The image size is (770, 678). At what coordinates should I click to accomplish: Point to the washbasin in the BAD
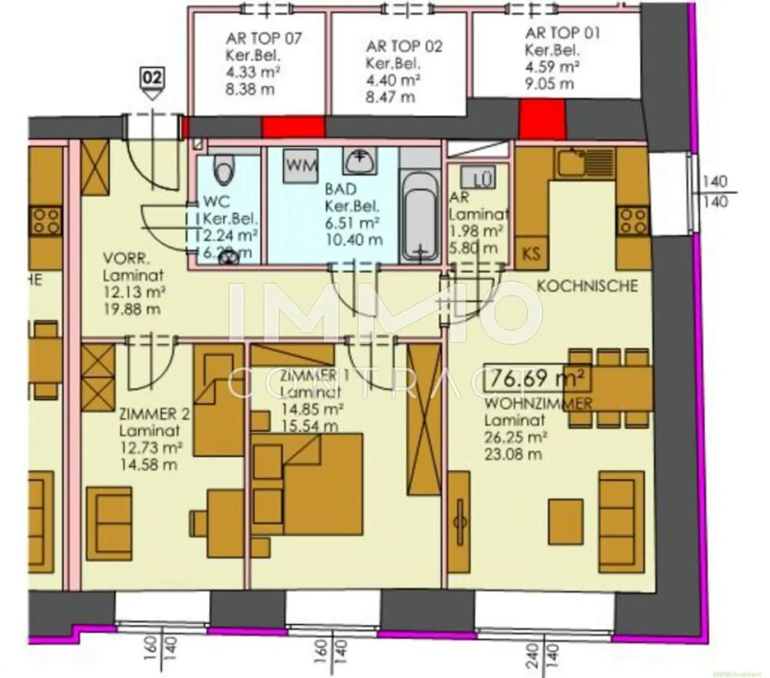pyautogui.click(x=359, y=160)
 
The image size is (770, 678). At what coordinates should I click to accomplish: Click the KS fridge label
pyautogui.click(x=531, y=253)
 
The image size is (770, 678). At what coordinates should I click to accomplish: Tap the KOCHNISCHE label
pyautogui.click(x=587, y=286)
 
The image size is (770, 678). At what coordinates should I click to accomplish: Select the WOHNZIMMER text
pyautogui.click(x=538, y=403)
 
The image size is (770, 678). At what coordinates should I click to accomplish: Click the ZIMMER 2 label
pyautogui.click(x=154, y=414)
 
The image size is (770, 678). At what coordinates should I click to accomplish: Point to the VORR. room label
pyautogui.click(x=126, y=259)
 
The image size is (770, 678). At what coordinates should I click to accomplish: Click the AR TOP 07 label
pyautogui.click(x=264, y=39)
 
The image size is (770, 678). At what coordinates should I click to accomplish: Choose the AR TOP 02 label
pyautogui.click(x=404, y=47)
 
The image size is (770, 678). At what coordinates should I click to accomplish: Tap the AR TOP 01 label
pyautogui.click(x=562, y=34)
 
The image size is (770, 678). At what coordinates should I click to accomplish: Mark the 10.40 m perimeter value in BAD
pyautogui.click(x=354, y=240)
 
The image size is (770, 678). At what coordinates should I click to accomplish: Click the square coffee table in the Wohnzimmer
pyautogui.click(x=566, y=521)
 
